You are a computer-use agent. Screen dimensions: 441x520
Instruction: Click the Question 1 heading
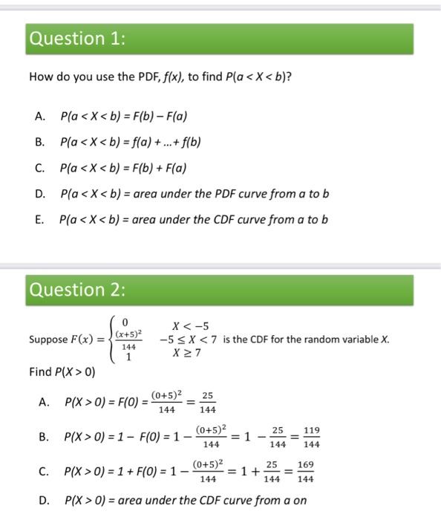[x=76, y=39]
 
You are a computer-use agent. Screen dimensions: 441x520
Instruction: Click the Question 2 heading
[x=76, y=289]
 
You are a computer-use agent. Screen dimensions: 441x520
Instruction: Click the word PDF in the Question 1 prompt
[x=127, y=77]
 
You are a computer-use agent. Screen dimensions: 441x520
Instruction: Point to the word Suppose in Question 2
[x=48, y=340]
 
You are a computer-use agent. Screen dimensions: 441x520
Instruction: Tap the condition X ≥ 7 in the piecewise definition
[x=186, y=352]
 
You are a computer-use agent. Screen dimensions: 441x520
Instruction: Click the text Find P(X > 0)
[x=62, y=371]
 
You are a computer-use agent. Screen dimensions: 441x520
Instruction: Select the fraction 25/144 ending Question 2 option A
[x=207, y=403]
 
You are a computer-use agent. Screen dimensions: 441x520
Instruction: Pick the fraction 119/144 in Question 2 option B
[x=312, y=438]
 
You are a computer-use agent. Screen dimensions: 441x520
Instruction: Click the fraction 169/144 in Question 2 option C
[x=304, y=472]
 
